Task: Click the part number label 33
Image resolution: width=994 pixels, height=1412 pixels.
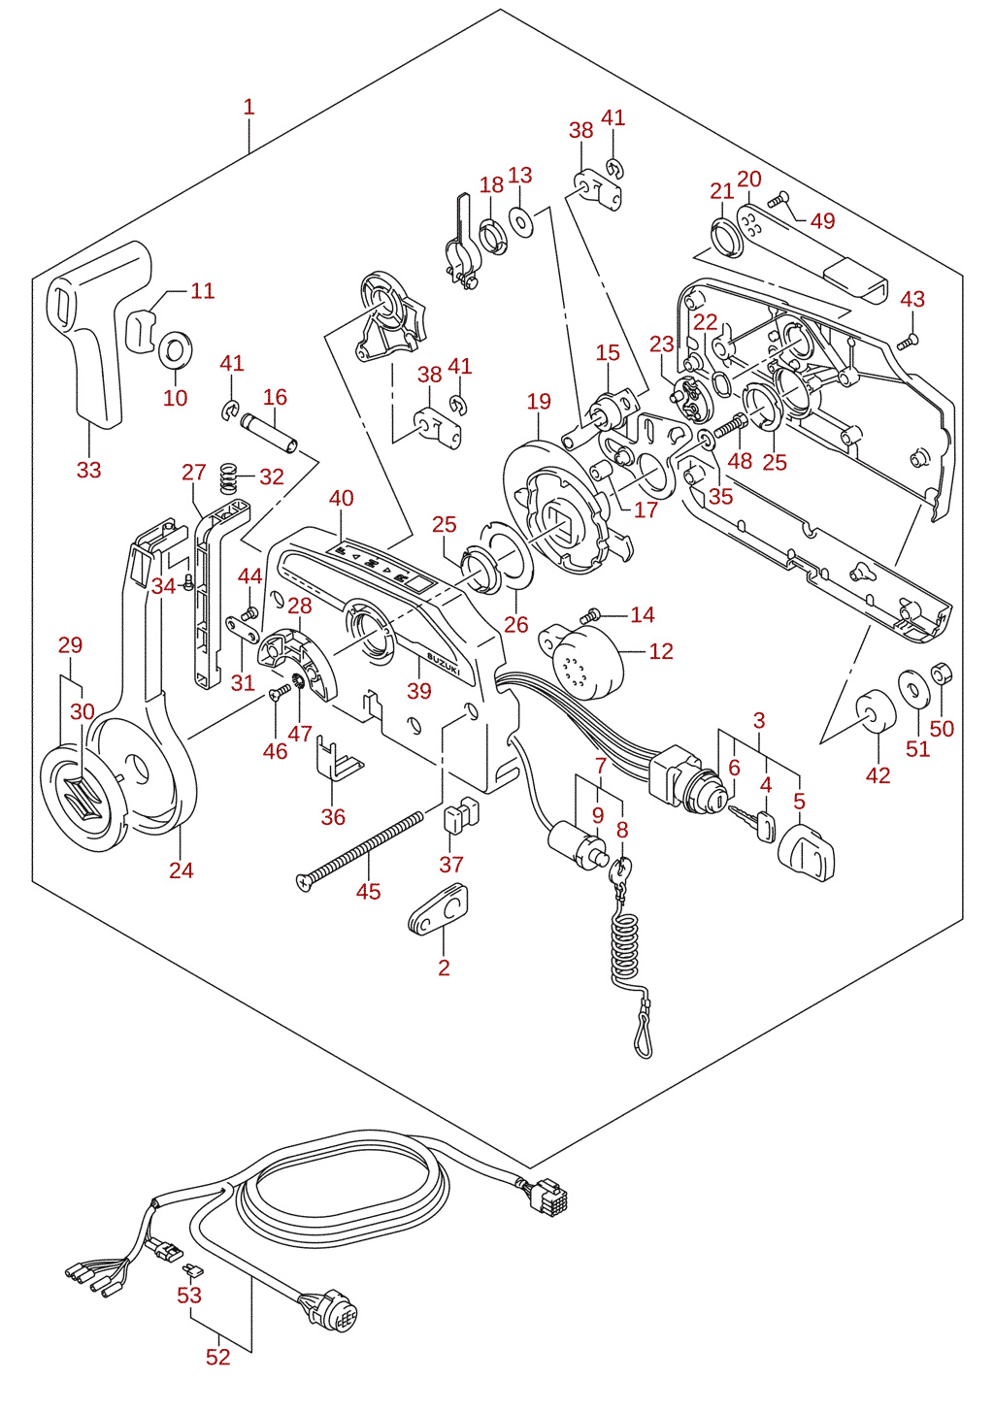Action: pos(89,471)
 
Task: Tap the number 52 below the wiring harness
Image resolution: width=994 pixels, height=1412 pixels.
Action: pos(218,1357)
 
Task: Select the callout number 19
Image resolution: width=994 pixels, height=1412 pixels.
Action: pos(539,402)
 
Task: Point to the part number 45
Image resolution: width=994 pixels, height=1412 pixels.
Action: pos(368,891)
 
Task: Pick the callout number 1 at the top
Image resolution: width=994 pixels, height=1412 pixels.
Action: pos(249,107)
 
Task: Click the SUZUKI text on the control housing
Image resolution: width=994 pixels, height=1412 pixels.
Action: pos(444,664)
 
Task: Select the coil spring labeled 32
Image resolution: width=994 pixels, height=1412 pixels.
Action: pos(228,478)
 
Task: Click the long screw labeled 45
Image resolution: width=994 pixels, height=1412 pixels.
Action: pos(359,851)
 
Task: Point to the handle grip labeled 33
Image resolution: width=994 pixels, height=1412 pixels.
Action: pos(100,334)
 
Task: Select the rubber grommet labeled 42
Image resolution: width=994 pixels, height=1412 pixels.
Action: pos(876,711)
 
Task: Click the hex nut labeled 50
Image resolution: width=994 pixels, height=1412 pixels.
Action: pos(942,673)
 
